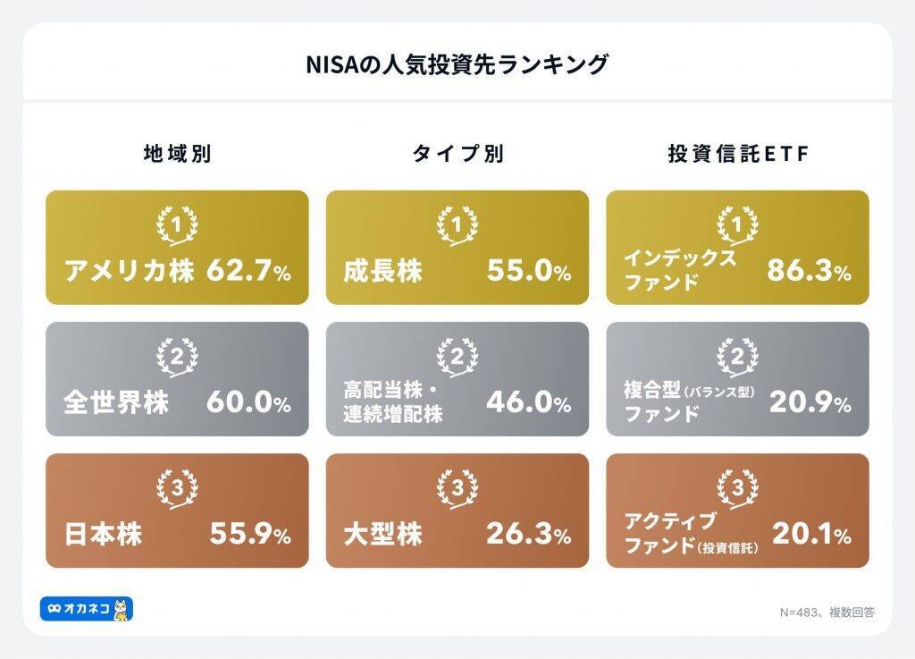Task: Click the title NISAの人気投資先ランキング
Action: pyautogui.click(x=457, y=64)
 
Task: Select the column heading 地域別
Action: pyautogui.click(x=177, y=154)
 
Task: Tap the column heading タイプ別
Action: pyautogui.click(x=457, y=154)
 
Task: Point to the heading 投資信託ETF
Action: pyautogui.click(x=737, y=154)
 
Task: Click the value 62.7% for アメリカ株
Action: pyautogui.click(x=248, y=271)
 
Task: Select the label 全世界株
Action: pyautogui.click(x=116, y=402)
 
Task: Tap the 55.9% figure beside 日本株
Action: pyautogui.click(x=250, y=534)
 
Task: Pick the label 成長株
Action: pyautogui.click(x=383, y=271)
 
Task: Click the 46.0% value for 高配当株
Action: pyautogui.click(x=528, y=402)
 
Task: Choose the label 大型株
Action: pyautogui.click(x=383, y=534)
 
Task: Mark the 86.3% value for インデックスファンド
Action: pyautogui.click(x=809, y=271)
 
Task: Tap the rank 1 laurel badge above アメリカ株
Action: pyautogui.click(x=177, y=224)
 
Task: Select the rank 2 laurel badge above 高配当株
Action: pyautogui.click(x=457, y=357)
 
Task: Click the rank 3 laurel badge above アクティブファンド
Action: pyautogui.click(x=737, y=488)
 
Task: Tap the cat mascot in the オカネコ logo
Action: pyautogui.click(x=122, y=609)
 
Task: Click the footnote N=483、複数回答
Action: pyautogui.click(x=827, y=613)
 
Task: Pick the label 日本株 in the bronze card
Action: pyautogui.click(x=104, y=534)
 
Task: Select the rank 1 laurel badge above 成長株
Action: pyautogui.click(x=457, y=224)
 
